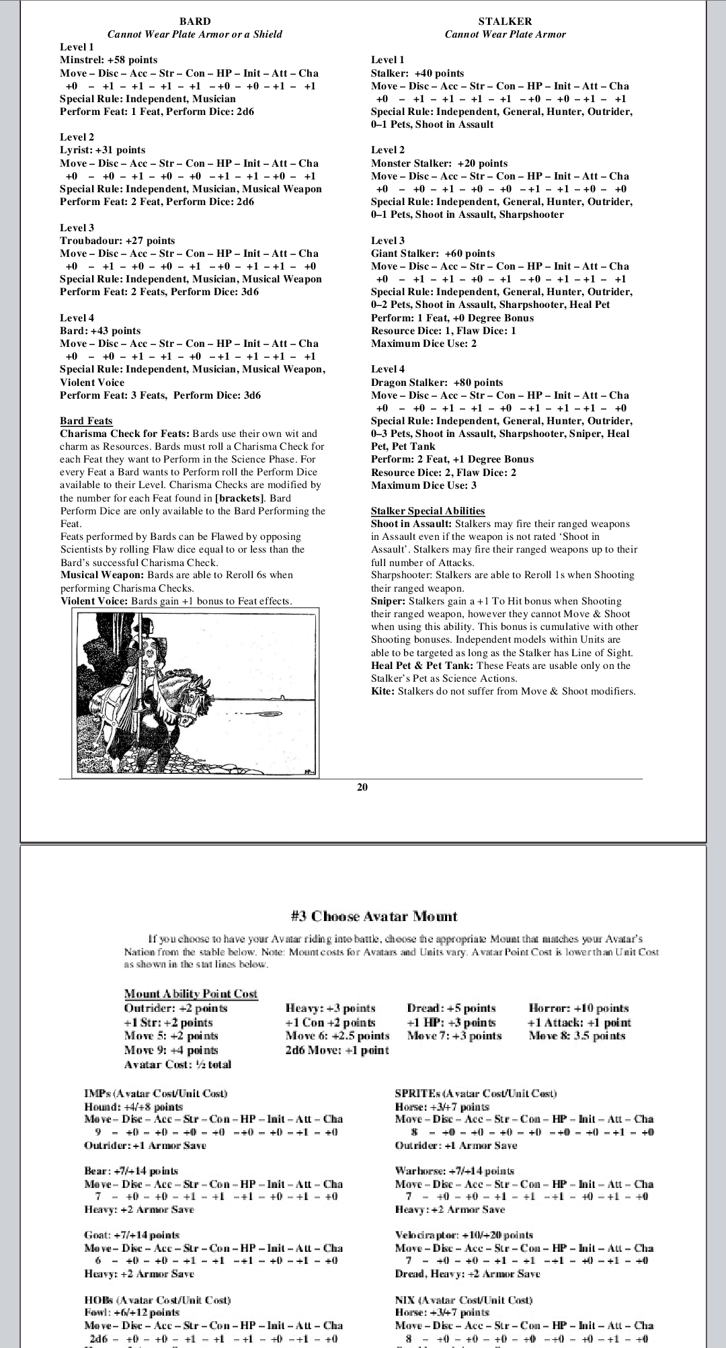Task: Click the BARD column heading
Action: pos(195,22)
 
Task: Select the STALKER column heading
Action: pos(505,22)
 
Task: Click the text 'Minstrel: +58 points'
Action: pos(108,60)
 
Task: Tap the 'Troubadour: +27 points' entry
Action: pos(117,241)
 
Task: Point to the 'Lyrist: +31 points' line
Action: pos(102,150)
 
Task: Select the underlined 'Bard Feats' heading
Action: pos(86,421)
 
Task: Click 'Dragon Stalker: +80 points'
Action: pos(437,383)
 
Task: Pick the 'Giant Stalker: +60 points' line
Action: pos(433,253)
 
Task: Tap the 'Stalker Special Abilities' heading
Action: pos(428,511)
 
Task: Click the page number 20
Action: pos(362,787)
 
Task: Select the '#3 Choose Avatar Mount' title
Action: pos(374,916)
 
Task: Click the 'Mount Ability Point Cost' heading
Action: pos(191,994)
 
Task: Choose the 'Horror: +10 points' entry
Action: pos(579,1008)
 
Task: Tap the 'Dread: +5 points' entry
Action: pos(451,1008)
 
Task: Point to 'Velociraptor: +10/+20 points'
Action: pos(464,1235)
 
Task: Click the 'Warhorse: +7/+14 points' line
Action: pos(454,1171)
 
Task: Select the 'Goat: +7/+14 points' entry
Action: pos(132,1235)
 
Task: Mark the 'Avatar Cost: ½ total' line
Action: pos(177,1064)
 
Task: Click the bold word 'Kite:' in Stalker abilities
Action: pos(383,691)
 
